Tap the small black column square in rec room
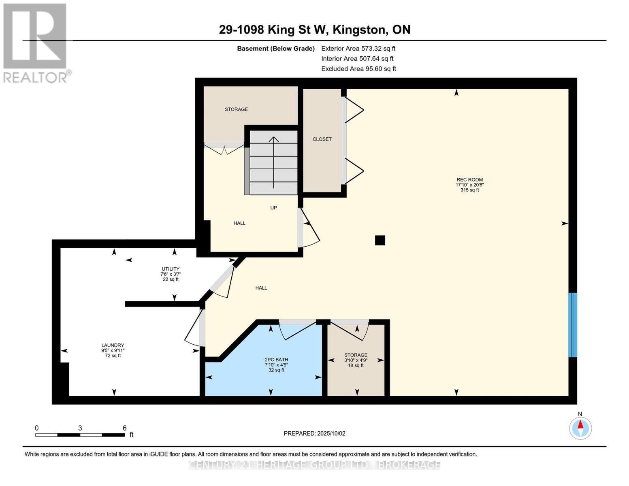[x=380, y=240]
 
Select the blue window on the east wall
[x=572, y=325]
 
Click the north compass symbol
[x=580, y=428]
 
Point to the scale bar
[x=80, y=435]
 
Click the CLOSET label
[x=322, y=139]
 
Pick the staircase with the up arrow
[x=273, y=162]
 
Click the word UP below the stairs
[x=273, y=208]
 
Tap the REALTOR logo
[x=36, y=43]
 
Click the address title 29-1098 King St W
[x=314, y=30]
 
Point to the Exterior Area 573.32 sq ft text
[x=358, y=49]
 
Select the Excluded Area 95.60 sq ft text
[x=358, y=69]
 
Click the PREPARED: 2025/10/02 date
[x=314, y=433]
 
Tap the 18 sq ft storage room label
[x=356, y=360]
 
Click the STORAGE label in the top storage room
[x=236, y=109]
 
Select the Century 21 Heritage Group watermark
[x=314, y=465]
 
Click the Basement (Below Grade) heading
[x=275, y=49]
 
